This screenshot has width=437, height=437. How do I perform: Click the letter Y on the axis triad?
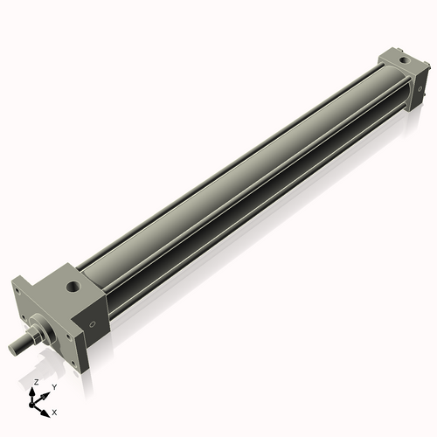tap(54, 386)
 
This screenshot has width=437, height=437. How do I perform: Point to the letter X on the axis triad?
tap(54, 411)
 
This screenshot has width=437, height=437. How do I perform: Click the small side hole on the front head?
tap(92, 323)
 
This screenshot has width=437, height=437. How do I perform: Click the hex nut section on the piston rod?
tap(35, 336)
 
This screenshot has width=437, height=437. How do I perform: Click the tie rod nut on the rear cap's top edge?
tap(385, 59)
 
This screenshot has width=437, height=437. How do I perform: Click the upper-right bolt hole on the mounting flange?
tap(67, 338)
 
